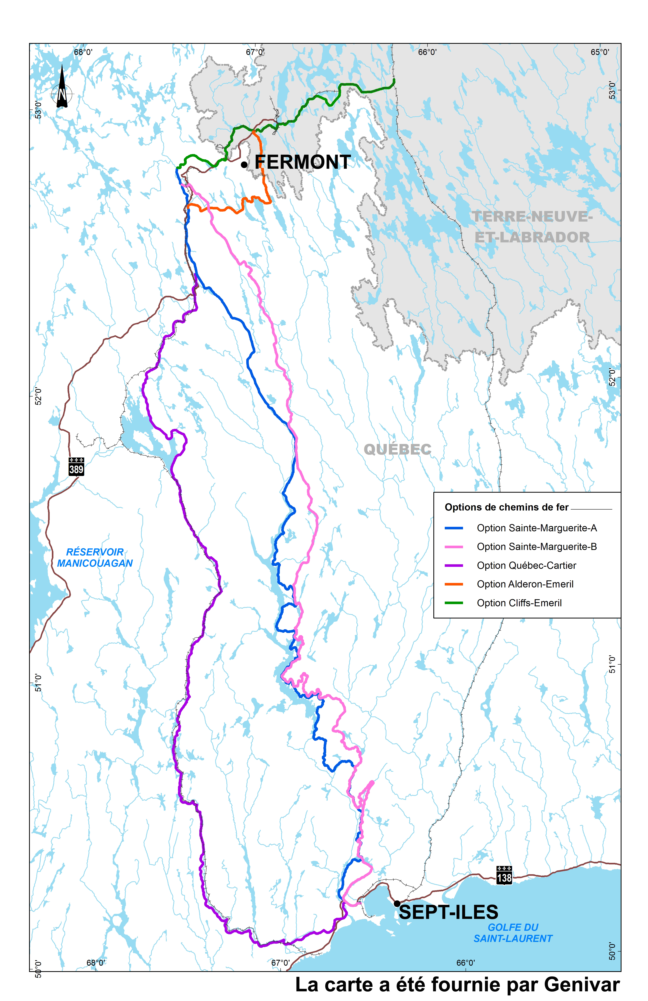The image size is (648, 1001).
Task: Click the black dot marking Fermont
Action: click(x=244, y=164)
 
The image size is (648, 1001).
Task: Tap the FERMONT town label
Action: click(x=303, y=162)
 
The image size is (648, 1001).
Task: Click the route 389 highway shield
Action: click(x=76, y=467)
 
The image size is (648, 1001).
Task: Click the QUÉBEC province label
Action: click(x=397, y=450)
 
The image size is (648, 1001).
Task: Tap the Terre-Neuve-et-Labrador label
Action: click(x=532, y=227)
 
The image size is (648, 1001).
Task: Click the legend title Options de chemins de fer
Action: click(x=507, y=507)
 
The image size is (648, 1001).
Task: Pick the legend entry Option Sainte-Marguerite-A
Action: click(x=536, y=528)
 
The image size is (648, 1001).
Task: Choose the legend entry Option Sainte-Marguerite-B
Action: click(x=536, y=547)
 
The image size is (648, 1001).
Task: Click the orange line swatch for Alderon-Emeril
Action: click(x=454, y=584)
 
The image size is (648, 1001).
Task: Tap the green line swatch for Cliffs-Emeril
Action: click(x=454, y=603)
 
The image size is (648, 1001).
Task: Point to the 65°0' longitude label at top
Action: click(x=600, y=52)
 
